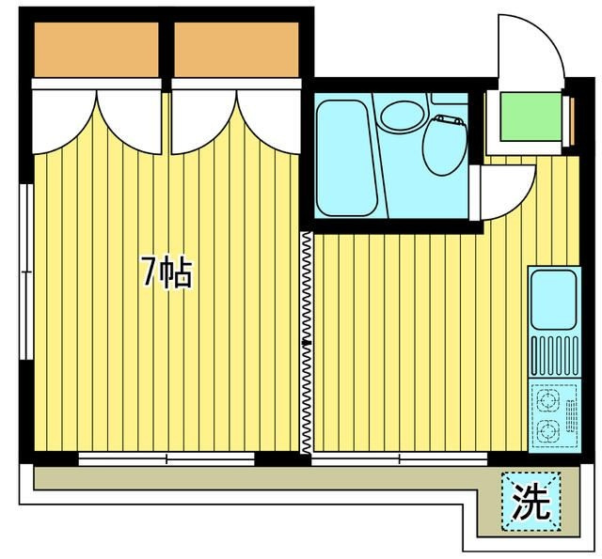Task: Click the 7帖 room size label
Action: (167, 273)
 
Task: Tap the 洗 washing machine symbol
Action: (531, 501)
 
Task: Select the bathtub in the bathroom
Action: (346, 158)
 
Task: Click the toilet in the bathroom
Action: (445, 145)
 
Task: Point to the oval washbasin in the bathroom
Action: (403, 116)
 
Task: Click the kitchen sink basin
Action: (554, 299)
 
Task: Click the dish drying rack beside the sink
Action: (555, 355)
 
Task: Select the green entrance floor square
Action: (531, 116)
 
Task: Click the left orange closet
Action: (96, 50)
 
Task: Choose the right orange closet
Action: (236, 50)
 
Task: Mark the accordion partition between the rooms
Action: (307, 342)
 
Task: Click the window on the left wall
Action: (26, 272)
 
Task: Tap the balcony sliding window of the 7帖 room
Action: (166, 458)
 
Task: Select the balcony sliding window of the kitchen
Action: (399, 458)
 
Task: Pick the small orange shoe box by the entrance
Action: (572, 121)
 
